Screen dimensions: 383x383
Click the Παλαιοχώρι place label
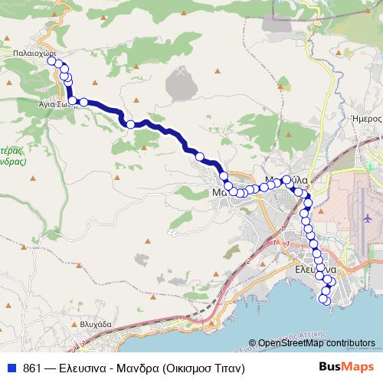[33, 54]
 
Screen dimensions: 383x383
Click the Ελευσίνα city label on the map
[316, 270]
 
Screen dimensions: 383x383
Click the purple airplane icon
[368, 220]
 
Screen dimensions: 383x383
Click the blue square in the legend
[12, 368]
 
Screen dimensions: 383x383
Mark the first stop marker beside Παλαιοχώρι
[51, 61]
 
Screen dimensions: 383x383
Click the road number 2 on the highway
[250, 260]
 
